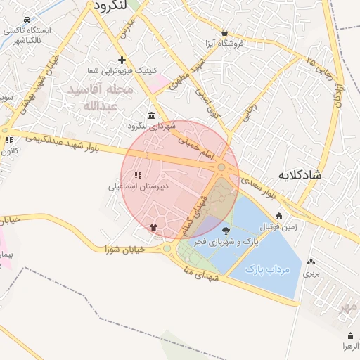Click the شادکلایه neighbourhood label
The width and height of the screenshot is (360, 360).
coord(299,174)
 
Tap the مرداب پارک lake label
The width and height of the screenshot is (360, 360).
coord(263,268)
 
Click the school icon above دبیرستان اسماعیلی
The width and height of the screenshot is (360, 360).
coord(138,174)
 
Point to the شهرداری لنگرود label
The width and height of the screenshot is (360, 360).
coord(150,126)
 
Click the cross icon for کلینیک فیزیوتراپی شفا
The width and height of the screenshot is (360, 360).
coord(122,60)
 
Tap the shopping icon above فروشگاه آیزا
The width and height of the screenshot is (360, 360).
coord(224,32)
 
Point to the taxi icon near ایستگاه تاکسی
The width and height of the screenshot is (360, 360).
coord(27,20)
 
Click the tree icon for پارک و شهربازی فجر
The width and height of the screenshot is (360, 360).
coord(226,231)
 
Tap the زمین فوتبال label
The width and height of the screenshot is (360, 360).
coord(280,226)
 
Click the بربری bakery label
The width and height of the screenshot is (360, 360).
coord(311,272)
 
